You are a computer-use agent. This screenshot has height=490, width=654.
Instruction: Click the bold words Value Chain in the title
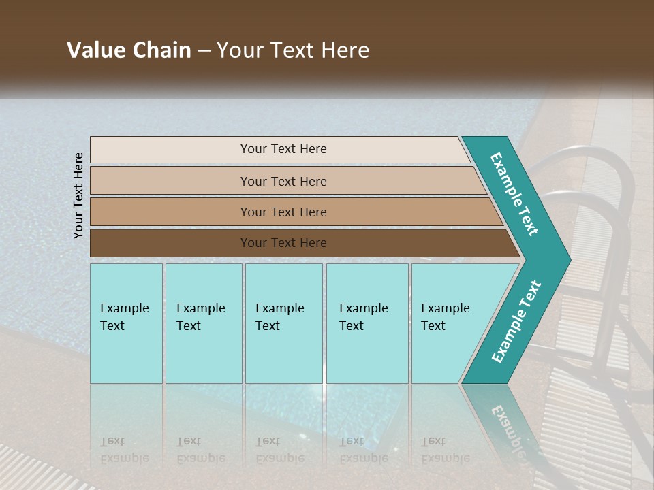click(129, 50)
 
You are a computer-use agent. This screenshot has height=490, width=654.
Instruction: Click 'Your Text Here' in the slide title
click(293, 50)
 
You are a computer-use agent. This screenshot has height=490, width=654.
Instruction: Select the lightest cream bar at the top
click(283, 149)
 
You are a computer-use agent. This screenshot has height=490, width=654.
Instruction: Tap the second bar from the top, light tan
click(283, 181)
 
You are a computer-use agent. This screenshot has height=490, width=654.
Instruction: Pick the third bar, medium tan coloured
click(283, 212)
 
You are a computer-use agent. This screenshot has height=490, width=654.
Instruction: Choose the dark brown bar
click(283, 243)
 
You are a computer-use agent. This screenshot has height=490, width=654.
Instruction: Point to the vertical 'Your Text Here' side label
click(78, 195)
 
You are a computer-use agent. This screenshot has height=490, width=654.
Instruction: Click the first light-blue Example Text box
click(125, 317)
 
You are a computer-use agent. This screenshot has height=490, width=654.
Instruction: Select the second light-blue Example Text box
click(202, 317)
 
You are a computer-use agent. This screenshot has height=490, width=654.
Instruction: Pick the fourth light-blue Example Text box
click(366, 317)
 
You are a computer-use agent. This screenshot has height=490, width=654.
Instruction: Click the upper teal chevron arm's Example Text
click(515, 194)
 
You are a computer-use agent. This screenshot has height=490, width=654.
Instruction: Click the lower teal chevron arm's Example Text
click(516, 322)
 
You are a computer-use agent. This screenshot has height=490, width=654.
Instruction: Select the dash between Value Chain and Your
click(204, 51)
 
